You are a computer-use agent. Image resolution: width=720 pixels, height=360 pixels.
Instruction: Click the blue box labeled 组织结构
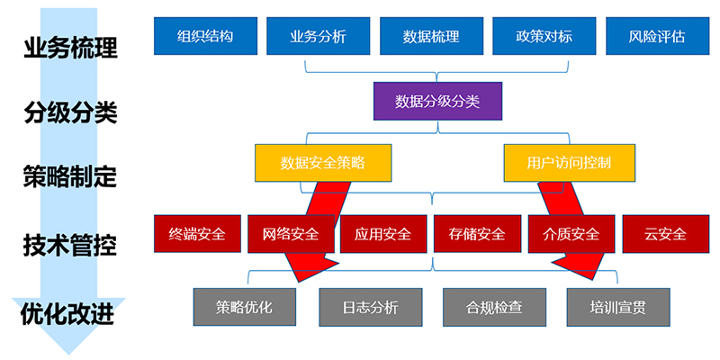[x=205, y=37]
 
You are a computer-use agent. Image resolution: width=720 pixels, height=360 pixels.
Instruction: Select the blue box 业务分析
[x=318, y=37]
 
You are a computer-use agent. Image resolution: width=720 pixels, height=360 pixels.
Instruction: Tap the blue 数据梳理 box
[x=431, y=37]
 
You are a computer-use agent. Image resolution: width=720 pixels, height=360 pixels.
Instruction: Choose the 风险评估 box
[x=657, y=37]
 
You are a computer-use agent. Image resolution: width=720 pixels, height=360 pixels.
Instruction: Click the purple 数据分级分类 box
[x=437, y=101]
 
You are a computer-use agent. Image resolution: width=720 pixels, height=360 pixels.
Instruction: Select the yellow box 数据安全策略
[x=323, y=163]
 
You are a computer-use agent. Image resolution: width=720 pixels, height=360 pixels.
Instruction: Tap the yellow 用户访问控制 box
[x=569, y=163]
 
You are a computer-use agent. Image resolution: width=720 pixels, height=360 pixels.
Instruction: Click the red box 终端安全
[x=197, y=234]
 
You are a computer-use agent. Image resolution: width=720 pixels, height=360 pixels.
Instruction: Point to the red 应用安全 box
[x=382, y=234]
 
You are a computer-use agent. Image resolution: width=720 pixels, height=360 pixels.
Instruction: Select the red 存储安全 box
[x=476, y=234]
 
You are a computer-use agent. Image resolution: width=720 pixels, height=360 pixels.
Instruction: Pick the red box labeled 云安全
[x=665, y=234]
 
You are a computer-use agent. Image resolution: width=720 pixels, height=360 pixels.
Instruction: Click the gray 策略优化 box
[x=244, y=307]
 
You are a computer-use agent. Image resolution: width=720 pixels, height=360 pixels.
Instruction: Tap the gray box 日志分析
[x=370, y=307]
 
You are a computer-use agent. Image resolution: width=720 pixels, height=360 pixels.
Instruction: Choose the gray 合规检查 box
[x=494, y=307]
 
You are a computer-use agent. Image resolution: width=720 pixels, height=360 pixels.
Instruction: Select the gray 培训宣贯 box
[x=618, y=307]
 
